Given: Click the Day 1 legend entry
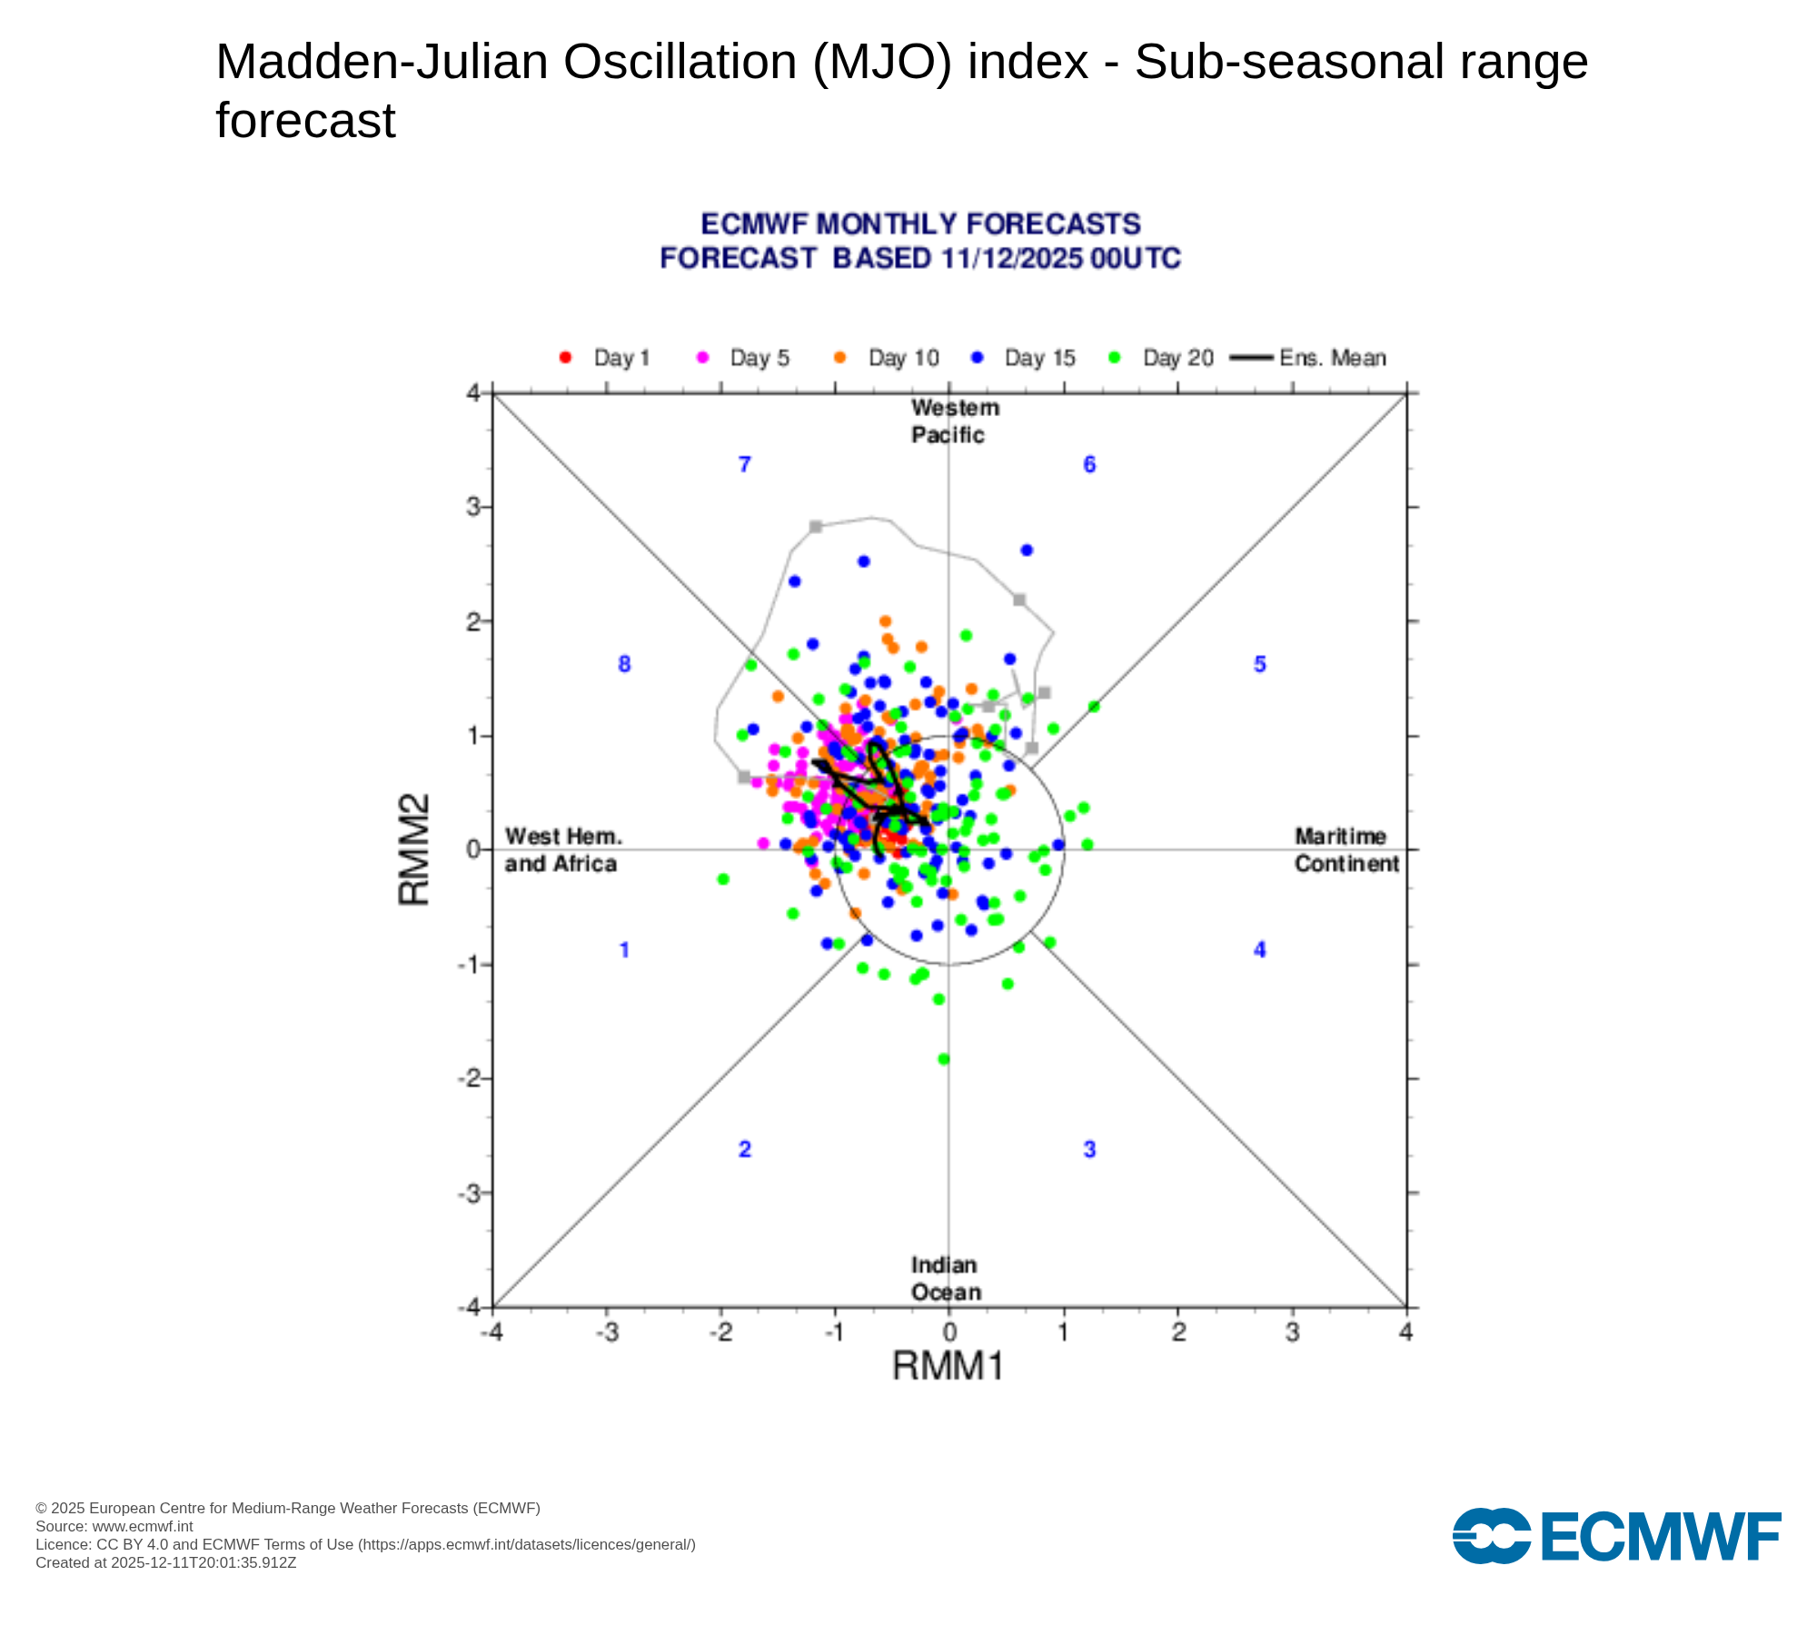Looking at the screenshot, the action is tap(604, 358).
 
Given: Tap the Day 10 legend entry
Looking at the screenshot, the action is tap(886, 358).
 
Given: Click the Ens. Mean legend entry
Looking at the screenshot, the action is tap(1308, 358).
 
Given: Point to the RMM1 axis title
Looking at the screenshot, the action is tap(948, 1365).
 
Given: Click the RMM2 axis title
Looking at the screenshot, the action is tap(414, 849).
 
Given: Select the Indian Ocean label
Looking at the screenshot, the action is tap(946, 1278).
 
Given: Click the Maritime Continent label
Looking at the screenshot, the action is tap(1346, 849).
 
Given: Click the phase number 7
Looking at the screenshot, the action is tap(745, 465).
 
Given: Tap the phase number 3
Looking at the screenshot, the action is tap(1089, 1150).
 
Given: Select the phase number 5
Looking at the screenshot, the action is tap(1260, 664).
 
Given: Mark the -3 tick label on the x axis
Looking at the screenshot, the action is tap(606, 1333).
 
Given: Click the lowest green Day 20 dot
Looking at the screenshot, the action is tap(943, 1059).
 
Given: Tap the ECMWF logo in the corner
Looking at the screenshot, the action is tap(1617, 1536).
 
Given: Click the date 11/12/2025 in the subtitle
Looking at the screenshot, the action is tap(1012, 259).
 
